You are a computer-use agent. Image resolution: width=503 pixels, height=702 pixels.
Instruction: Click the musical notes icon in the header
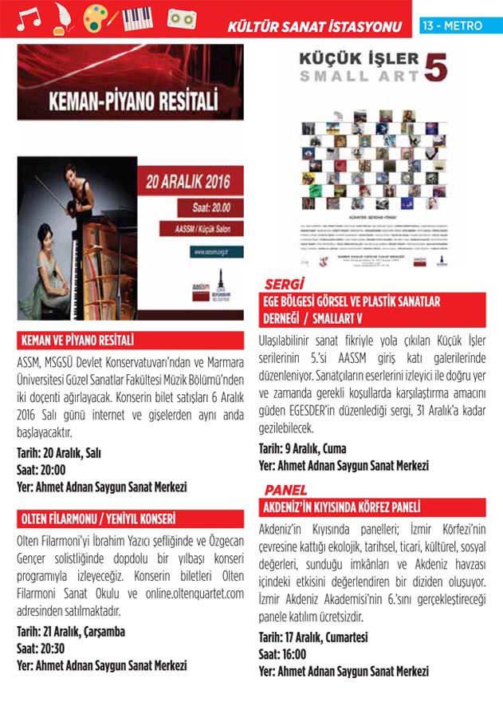point(29,18)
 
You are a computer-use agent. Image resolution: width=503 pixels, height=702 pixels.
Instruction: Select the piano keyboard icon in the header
point(138,18)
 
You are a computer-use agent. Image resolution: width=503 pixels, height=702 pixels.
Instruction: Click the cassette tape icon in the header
point(180,18)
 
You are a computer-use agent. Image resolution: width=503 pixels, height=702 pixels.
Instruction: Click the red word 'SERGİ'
point(285,284)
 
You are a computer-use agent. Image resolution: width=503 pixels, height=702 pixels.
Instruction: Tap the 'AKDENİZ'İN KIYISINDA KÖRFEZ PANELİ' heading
point(342,507)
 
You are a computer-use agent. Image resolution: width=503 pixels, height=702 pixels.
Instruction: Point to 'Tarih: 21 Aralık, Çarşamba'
point(71,632)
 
